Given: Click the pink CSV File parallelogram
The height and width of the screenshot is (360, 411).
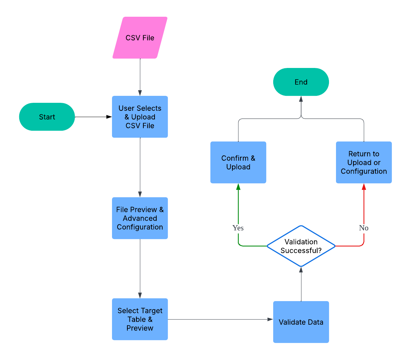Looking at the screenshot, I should (x=140, y=38).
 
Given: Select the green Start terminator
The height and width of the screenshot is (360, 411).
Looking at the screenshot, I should (x=47, y=117).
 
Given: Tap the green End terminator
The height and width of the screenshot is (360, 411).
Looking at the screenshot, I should (x=301, y=82).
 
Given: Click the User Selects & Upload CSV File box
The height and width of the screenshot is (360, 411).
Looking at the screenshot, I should (x=140, y=117).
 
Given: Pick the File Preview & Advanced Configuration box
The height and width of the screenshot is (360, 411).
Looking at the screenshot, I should (x=140, y=218).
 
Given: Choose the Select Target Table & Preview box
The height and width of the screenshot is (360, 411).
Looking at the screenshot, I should (x=140, y=319).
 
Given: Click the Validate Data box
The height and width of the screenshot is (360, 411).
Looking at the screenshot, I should (x=301, y=322).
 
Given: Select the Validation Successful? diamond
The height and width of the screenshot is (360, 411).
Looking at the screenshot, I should (x=301, y=246).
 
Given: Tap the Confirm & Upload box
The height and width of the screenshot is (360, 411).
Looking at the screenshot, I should (x=238, y=162).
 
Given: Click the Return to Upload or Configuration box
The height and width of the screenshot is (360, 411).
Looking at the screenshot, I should (x=364, y=162).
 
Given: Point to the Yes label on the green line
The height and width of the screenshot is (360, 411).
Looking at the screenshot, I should (x=238, y=228).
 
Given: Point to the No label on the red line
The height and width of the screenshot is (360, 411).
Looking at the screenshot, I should (x=364, y=228).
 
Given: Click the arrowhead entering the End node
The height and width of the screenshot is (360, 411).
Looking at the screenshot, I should (x=301, y=99).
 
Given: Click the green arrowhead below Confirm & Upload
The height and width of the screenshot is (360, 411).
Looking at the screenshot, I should (x=238, y=187).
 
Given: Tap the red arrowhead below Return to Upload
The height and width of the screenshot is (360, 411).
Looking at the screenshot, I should (x=364, y=187).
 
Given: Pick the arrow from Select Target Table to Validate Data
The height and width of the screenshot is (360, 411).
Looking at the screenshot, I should (x=220, y=319).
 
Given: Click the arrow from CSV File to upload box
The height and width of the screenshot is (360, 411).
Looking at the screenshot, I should (x=140, y=77).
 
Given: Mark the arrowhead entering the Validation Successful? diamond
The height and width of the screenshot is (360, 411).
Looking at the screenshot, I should (x=301, y=270).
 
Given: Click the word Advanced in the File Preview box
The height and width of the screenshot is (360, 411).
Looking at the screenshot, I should (x=140, y=219).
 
